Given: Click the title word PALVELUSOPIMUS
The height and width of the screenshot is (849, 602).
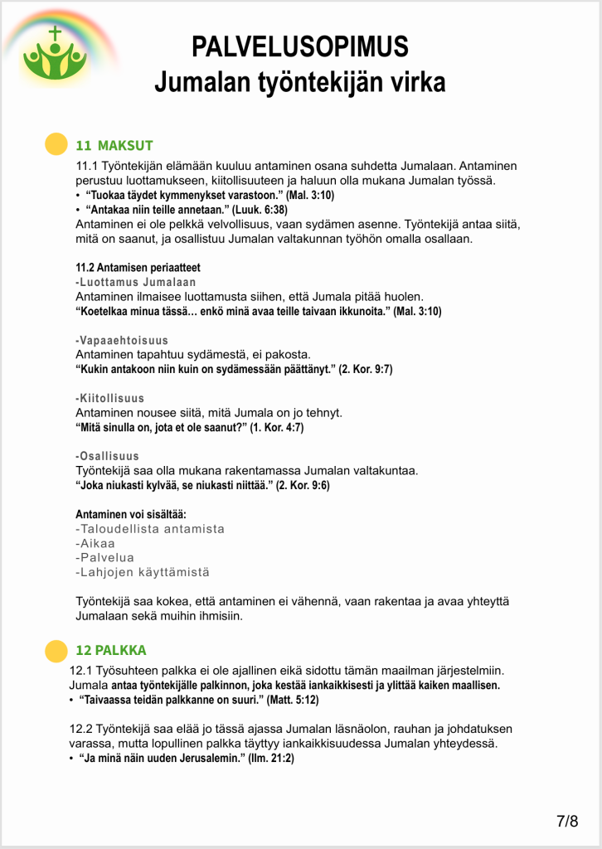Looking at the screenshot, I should pyautogui.click(x=300, y=46).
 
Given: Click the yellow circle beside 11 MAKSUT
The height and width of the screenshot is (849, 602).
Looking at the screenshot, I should pyautogui.click(x=56, y=144).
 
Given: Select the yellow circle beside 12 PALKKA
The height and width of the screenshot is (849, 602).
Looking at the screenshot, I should pyautogui.click(x=56, y=651).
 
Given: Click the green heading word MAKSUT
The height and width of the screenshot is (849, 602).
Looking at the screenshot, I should pyautogui.click(x=125, y=145).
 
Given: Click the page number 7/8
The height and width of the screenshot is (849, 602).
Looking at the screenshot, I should pyautogui.click(x=567, y=821).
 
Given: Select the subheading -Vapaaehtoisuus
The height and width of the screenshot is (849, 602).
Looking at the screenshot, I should pyautogui.click(x=122, y=341).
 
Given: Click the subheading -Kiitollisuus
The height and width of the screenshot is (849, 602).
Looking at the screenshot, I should pyautogui.click(x=109, y=399).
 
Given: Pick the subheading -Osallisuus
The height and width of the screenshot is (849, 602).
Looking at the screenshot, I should pyautogui.click(x=108, y=456).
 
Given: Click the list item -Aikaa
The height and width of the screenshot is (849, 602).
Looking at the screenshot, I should pyautogui.click(x=95, y=543).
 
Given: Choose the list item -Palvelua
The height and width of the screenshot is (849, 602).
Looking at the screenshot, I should pyautogui.click(x=104, y=557).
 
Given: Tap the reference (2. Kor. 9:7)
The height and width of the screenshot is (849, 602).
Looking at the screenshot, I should pyautogui.click(x=366, y=369).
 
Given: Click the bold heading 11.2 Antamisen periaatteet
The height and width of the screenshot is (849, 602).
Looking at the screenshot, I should pyautogui.click(x=138, y=268).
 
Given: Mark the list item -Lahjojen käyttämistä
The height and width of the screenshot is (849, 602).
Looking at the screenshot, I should pyautogui.click(x=143, y=572).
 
